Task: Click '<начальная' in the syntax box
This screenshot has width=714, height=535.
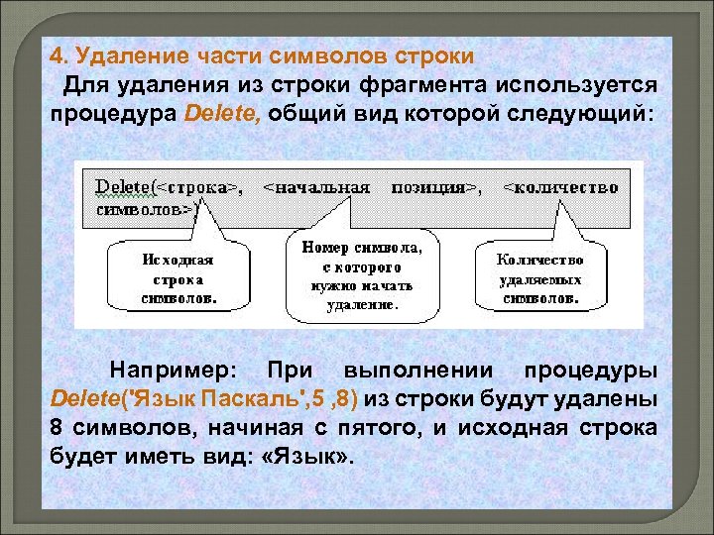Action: click(317, 185)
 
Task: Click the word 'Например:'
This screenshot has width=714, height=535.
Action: click(174, 371)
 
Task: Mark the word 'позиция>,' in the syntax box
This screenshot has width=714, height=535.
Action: click(436, 185)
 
